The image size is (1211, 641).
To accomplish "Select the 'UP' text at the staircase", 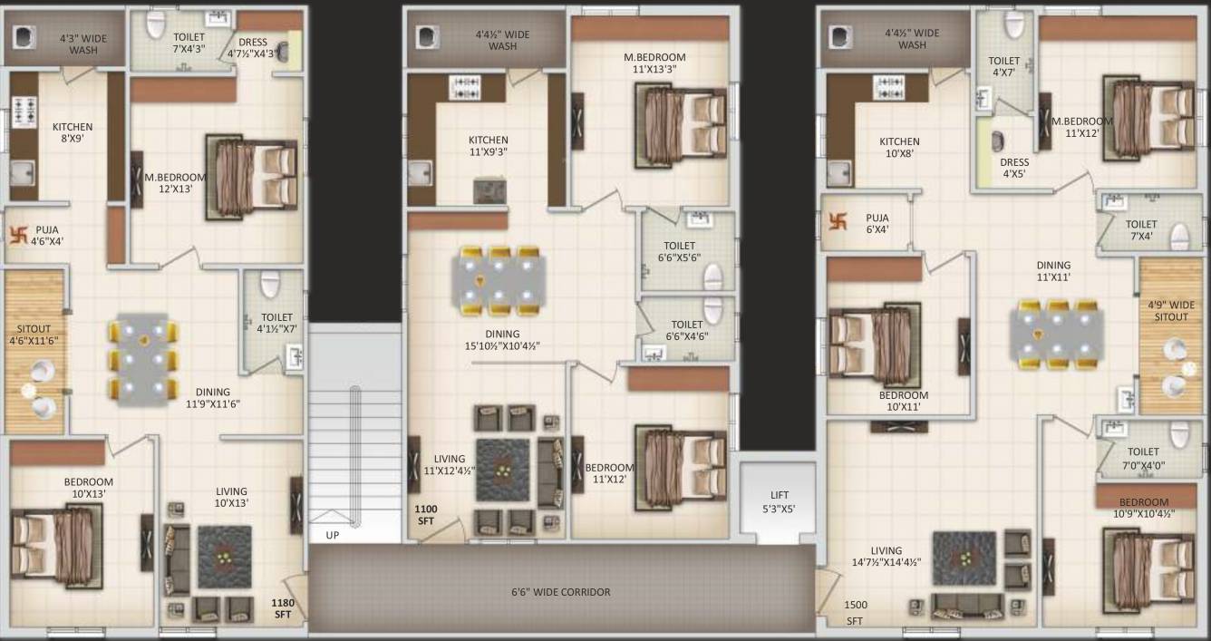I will (x=333, y=536).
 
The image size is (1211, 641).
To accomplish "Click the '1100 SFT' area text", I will (x=426, y=516).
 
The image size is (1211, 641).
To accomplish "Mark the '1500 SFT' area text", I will (x=855, y=612).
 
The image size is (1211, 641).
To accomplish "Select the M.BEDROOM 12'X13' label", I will (x=175, y=183).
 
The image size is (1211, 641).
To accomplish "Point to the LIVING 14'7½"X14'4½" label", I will (x=886, y=556).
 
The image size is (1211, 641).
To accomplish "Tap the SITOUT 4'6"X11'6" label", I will (x=34, y=335).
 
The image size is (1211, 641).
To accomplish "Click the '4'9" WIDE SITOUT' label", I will (x=1170, y=311).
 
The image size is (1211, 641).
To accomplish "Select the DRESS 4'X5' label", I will (x=1014, y=169).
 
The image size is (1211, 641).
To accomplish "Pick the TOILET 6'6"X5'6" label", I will (x=679, y=252).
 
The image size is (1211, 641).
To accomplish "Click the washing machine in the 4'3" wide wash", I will (x=24, y=38).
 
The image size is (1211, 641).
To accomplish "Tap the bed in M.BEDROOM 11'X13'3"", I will (x=680, y=121).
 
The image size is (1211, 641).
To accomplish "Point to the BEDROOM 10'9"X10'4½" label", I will (x=1143, y=508).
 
